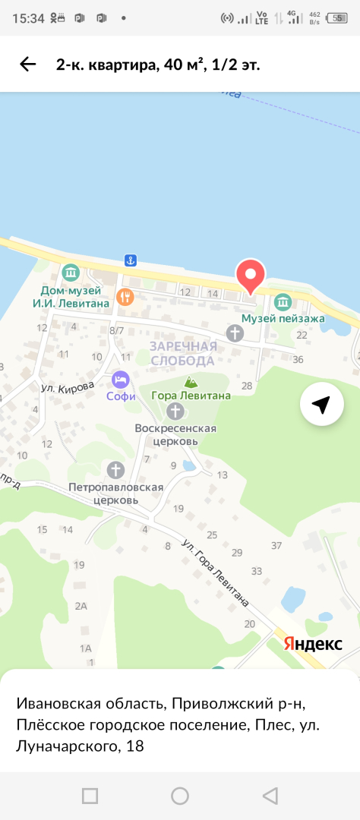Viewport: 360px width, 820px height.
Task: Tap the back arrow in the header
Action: [28, 65]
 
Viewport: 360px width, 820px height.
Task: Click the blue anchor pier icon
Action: [130, 260]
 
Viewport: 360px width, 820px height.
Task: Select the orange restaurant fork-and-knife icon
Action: [126, 296]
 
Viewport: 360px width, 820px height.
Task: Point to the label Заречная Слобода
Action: [183, 353]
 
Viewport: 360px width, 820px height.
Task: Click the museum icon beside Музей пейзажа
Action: [283, 301]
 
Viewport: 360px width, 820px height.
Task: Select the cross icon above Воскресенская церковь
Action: [175, 390]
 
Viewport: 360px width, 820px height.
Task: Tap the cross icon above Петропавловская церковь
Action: [115, 469]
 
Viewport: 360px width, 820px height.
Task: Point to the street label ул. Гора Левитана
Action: [216, 572]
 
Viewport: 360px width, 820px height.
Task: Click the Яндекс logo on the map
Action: [313, 644]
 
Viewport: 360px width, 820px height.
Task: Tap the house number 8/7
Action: [116, 330]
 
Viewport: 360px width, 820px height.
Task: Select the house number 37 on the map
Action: [276, 545]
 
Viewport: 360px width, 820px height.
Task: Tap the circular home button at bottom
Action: [180, 796]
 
